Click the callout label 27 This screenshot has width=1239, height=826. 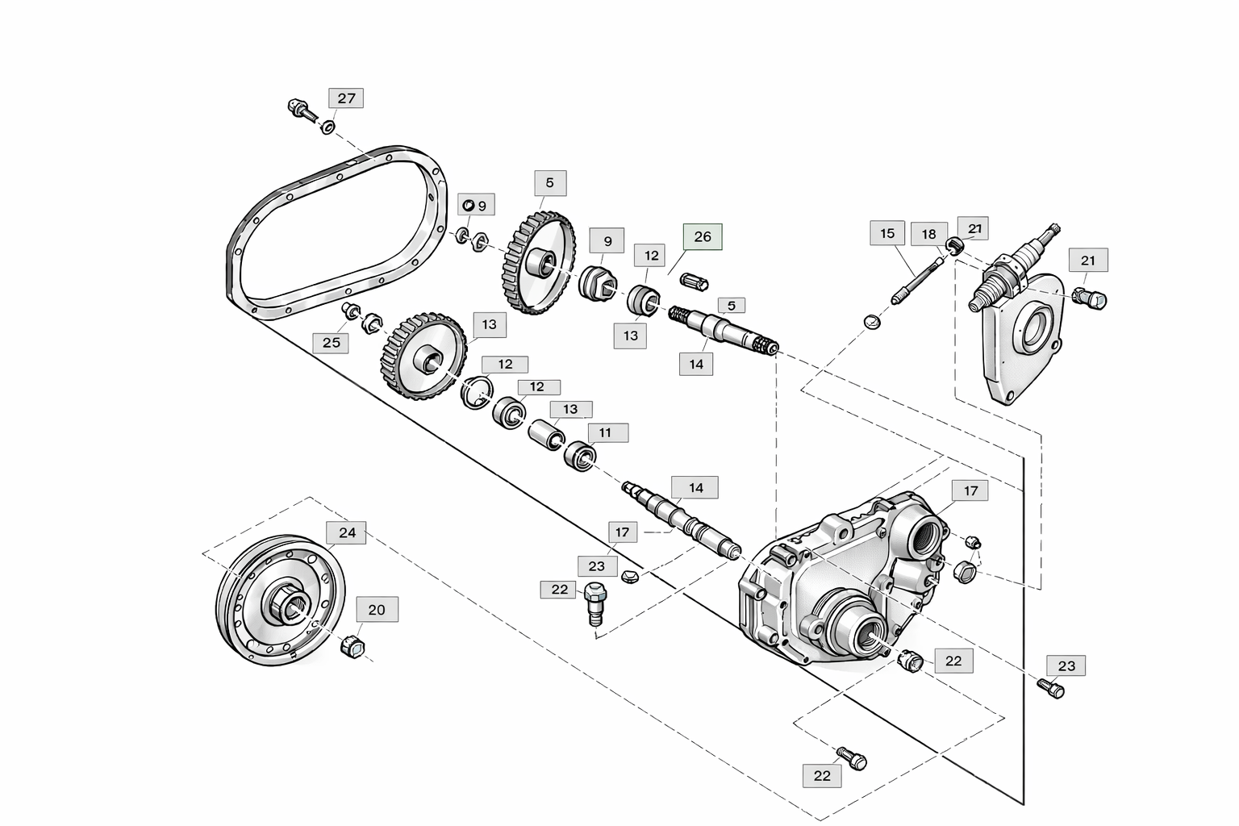[x=346, y=98]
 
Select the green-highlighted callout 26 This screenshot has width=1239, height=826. [x=703, y=237]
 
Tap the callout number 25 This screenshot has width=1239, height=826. [x=332, y=343]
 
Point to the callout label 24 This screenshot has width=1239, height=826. [x=347, y=532]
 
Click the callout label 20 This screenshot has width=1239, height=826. [x=377, y=610]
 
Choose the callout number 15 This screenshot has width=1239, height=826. [x=887, y=233]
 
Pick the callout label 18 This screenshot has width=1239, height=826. [x=928, y=235]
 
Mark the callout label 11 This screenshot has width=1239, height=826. [x=605, y=432]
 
